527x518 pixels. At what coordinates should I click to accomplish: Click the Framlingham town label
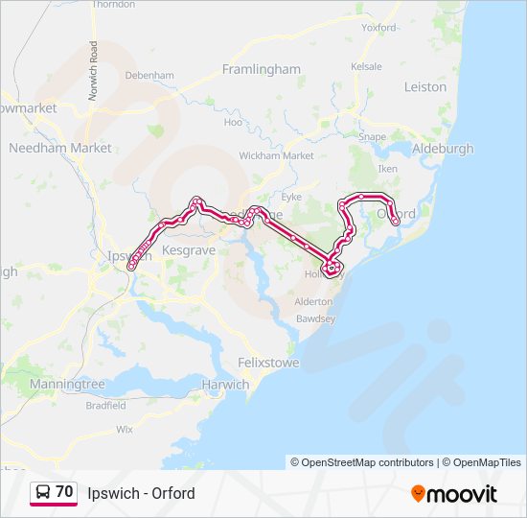pos(261,69)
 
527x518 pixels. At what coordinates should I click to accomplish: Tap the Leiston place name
pos(425,86)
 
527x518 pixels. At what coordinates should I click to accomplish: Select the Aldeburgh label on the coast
pos(442,149)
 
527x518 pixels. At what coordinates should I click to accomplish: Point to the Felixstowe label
pos(268,364)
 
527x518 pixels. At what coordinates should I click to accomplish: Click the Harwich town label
pos(225,385)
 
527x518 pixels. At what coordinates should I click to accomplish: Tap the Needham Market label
pos(59,148)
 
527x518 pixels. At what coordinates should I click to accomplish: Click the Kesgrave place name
pos(187,249)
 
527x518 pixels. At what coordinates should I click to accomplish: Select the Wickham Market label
pos(276,155)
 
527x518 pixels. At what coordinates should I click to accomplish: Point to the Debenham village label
pos(149,75)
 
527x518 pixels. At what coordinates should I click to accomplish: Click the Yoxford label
pos(379,28)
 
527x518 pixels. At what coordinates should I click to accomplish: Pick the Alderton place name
pos(312,300)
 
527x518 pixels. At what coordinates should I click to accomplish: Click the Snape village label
pos(372,137)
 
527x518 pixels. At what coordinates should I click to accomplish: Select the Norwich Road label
pos(93,61)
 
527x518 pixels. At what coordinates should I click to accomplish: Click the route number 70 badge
pos(64,491)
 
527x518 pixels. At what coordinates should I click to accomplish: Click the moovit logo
pos(454,494)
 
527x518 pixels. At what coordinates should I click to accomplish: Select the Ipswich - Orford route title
pos(141,493)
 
